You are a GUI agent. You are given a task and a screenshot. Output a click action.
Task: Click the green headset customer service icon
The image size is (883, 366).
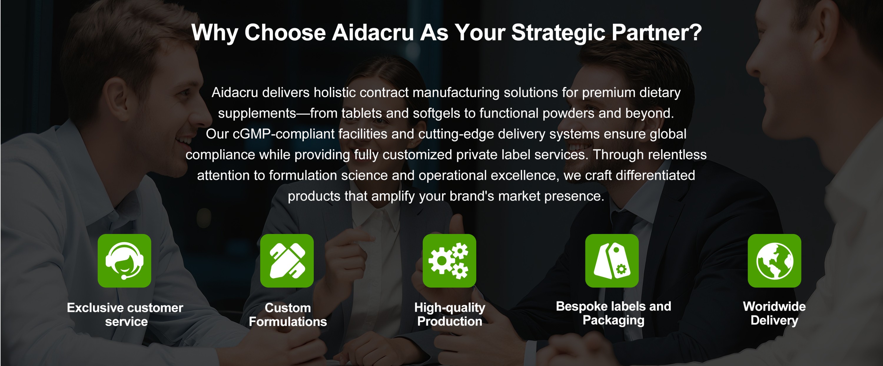tap(125, 261)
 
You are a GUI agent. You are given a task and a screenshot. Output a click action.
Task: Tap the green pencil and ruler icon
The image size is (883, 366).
tap(287, 261)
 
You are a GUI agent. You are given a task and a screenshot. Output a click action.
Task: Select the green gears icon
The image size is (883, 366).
tap(449, 261)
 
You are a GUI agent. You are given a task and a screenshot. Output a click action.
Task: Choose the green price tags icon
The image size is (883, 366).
tap(612, 261)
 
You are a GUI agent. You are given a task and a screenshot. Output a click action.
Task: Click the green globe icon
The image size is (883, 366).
tap(774, 261)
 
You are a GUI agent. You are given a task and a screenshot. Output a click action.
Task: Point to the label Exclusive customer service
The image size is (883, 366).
tap(125, 314)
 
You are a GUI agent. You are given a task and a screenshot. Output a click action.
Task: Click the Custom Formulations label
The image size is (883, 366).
tap(288, 314)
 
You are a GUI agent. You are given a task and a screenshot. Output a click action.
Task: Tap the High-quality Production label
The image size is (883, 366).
tap(450, 314)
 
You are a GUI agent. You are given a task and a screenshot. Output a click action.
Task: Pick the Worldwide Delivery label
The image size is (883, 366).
tap(774, 313)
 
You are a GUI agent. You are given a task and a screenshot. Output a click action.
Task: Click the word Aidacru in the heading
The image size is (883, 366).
tap(373, 33)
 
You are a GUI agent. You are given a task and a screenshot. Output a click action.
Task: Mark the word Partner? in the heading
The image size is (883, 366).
tap(657, 33)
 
